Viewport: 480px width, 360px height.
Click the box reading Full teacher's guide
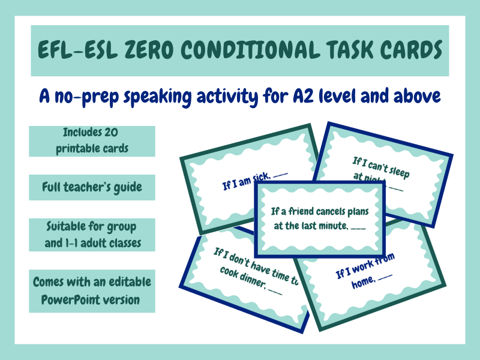(92, 187)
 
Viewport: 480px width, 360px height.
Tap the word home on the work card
(363, 283)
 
